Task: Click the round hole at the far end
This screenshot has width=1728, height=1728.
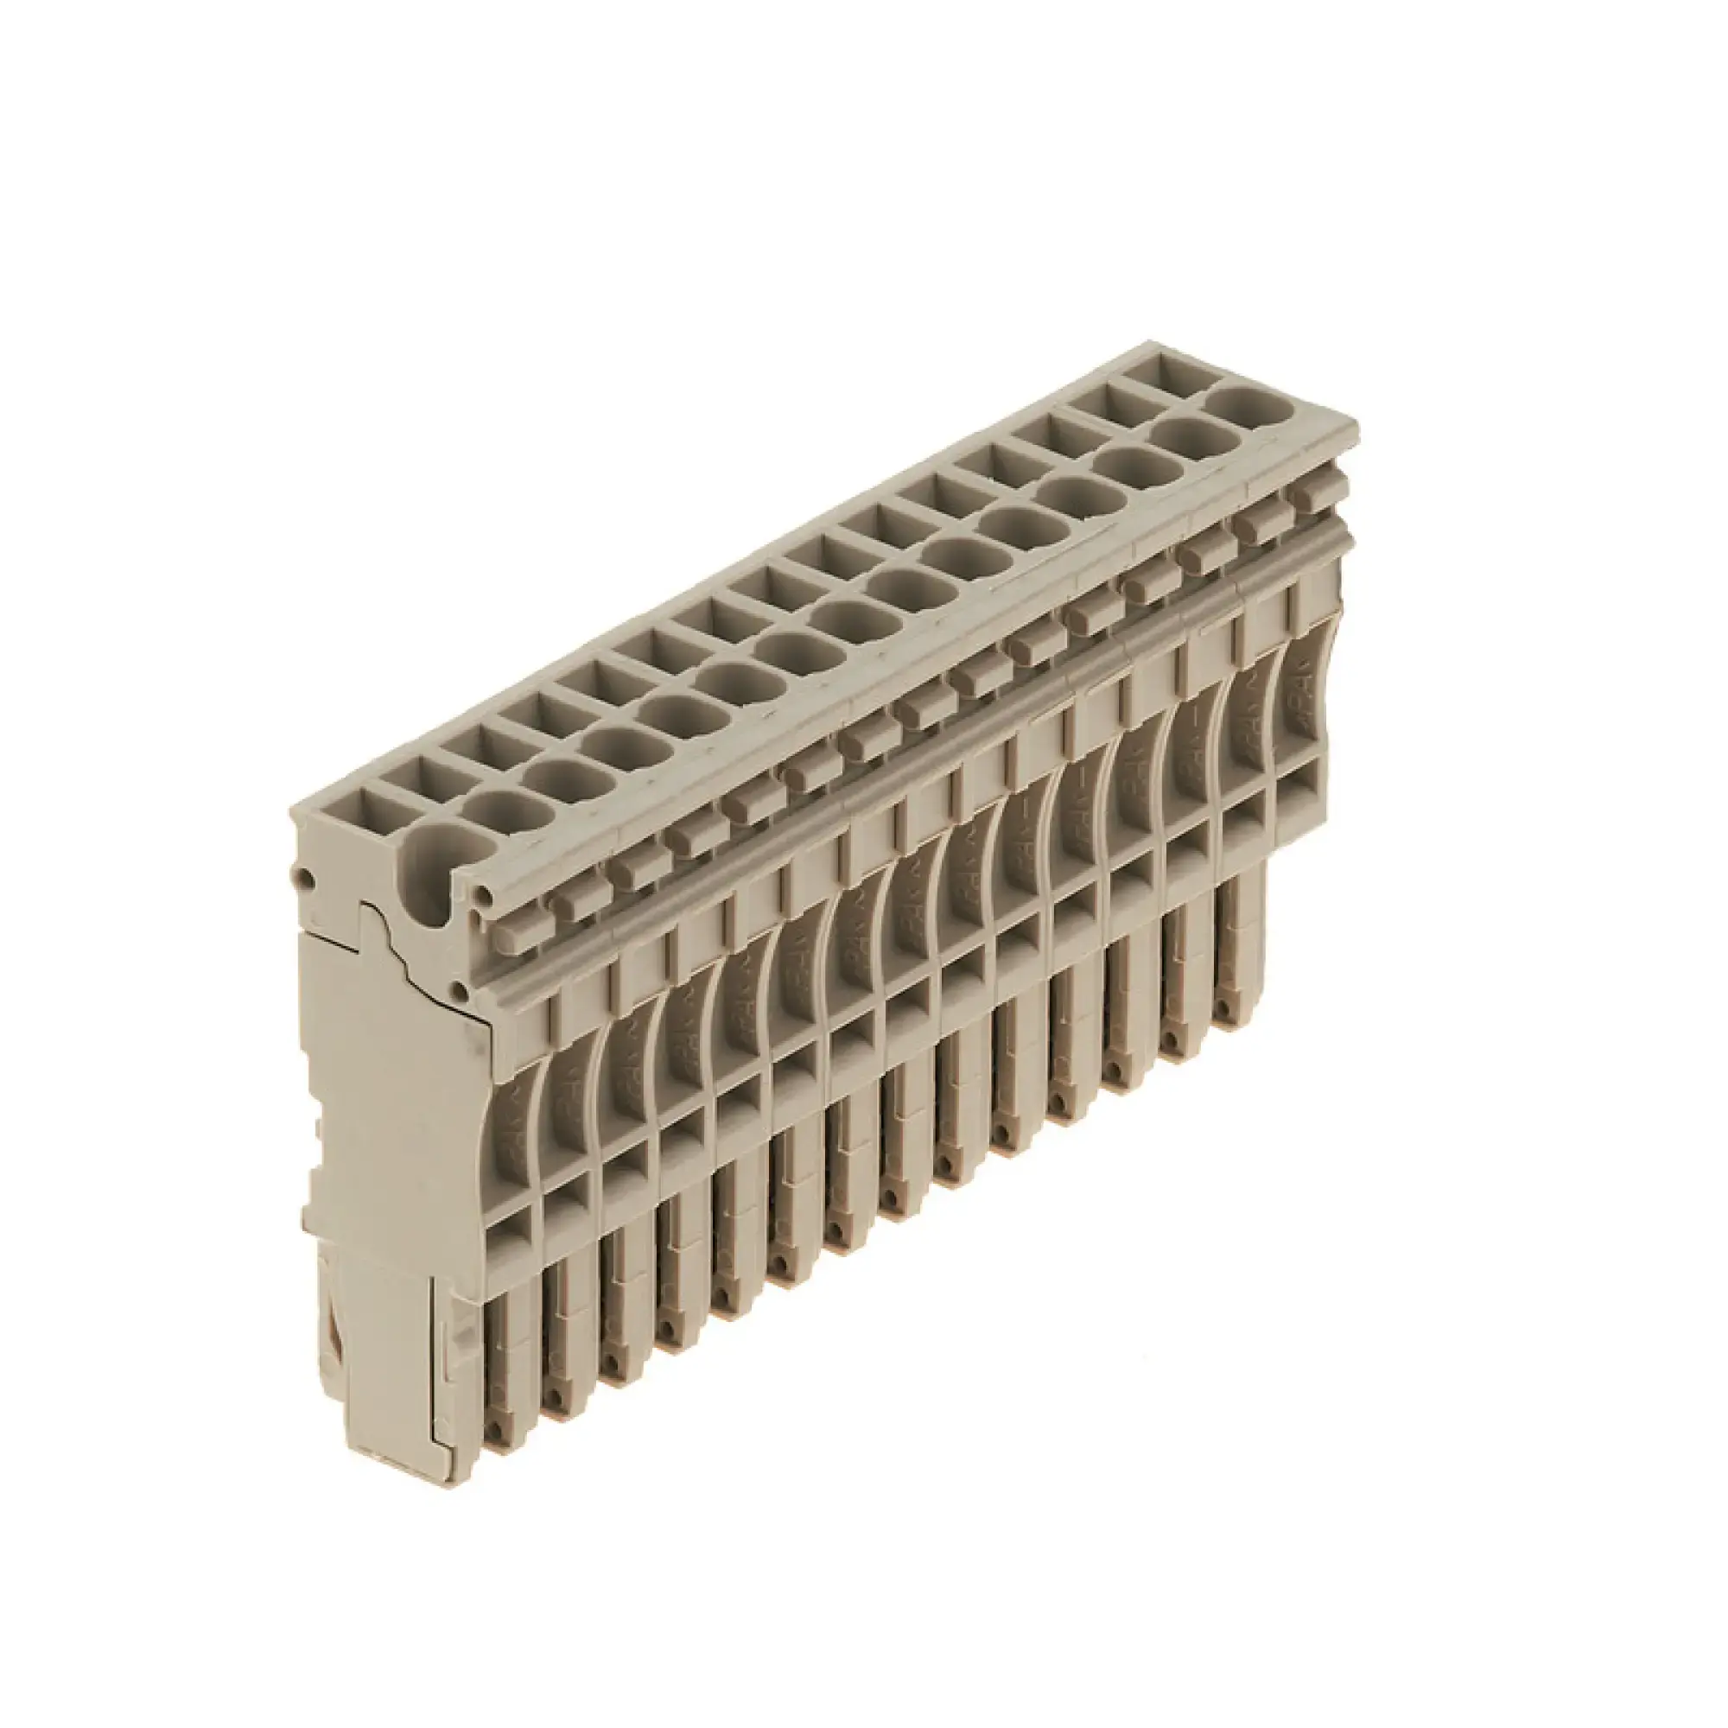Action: (1254, 410)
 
